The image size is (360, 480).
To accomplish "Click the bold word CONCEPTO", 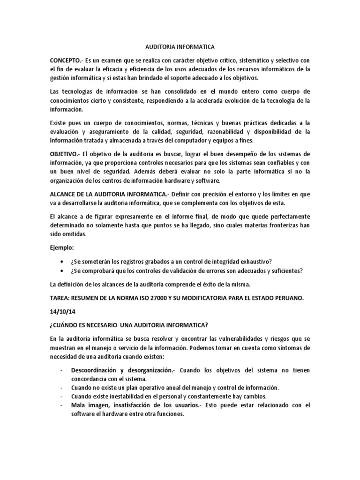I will pos(65,61).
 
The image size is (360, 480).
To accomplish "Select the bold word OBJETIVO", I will pos(65,154).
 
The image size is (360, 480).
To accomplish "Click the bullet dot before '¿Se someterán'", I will pos(63,261).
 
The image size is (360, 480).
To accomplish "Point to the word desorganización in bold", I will pos(147,370).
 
